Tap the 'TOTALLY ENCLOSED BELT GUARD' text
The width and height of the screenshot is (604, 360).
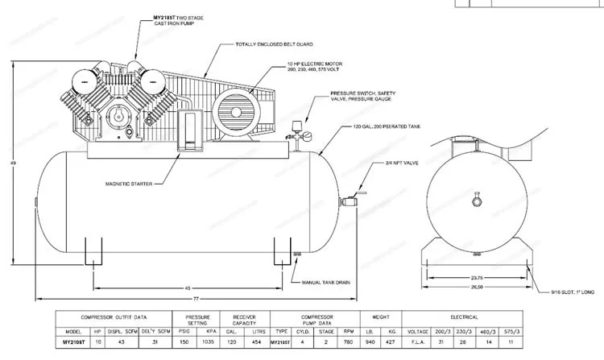pos(274,44)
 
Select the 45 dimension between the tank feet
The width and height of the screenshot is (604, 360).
pos(188,286)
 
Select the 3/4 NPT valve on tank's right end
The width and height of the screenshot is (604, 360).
pos(352,197)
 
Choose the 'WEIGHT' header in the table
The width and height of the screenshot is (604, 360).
pos(382,317)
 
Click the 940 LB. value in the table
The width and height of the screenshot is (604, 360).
pos(370,342)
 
